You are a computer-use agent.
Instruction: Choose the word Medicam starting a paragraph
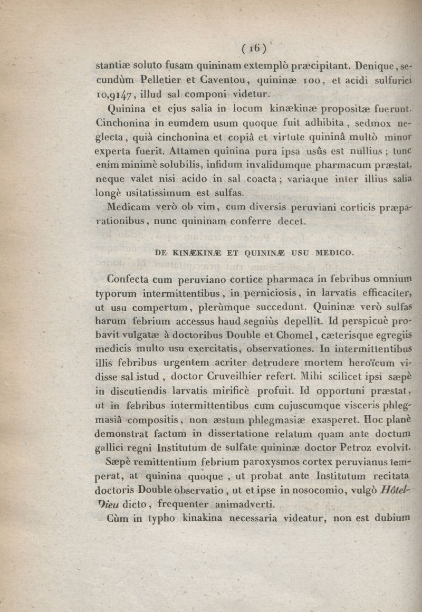[x=126, y=207]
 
